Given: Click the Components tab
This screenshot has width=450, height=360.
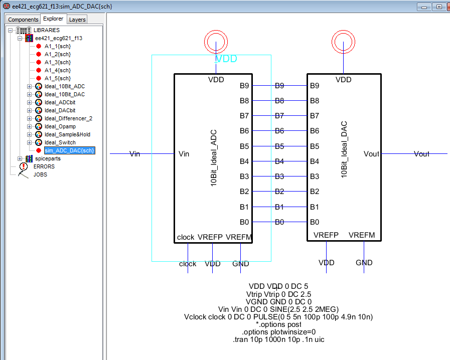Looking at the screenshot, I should click(x=23, y=19).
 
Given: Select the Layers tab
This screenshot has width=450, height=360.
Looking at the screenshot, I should click(x=77, y=19).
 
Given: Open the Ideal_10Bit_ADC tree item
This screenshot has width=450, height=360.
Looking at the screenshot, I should click(x=64, y=86).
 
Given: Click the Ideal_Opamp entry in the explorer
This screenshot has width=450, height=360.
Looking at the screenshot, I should click(x=60, y=126).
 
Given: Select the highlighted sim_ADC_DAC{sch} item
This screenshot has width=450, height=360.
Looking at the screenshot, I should click(x=69, y=150).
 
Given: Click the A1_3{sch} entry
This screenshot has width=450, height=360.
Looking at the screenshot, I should click(x=57, y=62).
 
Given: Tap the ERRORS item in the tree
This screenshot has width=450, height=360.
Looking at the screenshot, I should click(x=44, y=166).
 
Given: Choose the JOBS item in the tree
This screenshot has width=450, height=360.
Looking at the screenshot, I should click(x=40, y=174).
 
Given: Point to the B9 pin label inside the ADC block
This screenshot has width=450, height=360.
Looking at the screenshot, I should click(x=244, y=86).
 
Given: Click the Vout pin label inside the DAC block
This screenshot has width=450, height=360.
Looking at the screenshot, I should click(x=371, y=154).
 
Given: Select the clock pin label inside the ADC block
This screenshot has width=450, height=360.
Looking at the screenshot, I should click(x=186, y=237).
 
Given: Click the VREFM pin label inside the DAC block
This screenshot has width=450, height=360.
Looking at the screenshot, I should click(x=361, y=235).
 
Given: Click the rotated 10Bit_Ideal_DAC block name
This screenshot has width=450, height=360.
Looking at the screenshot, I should click(x=344, y=149).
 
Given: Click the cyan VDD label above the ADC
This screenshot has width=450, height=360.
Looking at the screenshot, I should click(x=226, y=59).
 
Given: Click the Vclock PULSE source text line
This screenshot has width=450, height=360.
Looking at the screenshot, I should click(x=278, y=317).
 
